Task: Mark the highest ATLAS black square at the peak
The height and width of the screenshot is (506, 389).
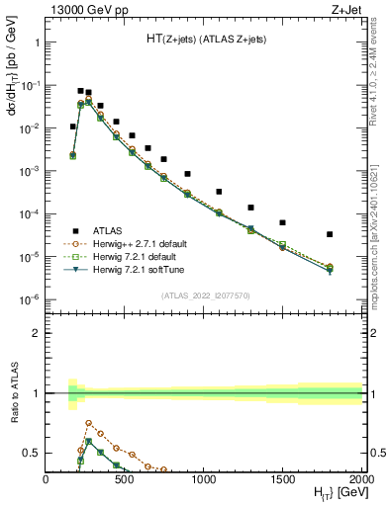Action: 80,91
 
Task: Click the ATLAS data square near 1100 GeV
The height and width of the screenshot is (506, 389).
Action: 219,192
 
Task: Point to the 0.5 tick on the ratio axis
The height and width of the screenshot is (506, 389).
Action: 35,453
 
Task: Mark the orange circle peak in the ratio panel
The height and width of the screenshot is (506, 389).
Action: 88,423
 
